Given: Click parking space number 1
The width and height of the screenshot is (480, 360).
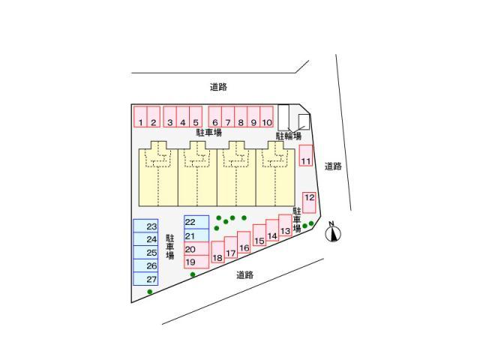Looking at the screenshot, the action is [x=140, y=117].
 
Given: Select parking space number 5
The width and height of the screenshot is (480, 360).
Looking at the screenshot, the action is [x=196, y=117].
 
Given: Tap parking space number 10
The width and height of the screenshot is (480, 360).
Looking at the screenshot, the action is [x=267, y=117].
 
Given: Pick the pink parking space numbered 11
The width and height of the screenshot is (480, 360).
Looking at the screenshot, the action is [x=306, y=155].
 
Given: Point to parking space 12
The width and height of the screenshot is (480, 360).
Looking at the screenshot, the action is [x=309, y=202].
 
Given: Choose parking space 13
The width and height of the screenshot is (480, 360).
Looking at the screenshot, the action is [x=285, y=225].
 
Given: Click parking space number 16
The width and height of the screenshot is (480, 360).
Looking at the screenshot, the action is [x=244, y=242].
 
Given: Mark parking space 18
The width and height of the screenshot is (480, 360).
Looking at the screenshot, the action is [x=217, y=252].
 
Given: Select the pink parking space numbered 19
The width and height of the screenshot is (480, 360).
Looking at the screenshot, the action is [x=196, y=262].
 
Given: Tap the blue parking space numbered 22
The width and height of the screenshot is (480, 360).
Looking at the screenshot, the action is [x=196, y=222].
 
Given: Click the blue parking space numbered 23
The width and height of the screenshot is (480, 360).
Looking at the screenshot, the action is [x=145, y=226].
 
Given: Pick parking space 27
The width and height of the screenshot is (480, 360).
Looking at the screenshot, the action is [x=145, y=279].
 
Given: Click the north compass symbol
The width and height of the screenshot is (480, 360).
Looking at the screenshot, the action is [x=333, y=232].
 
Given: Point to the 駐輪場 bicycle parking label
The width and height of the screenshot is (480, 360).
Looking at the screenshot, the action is [x=289, y=136].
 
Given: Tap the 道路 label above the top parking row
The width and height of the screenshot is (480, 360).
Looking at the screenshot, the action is [x=218, y=87].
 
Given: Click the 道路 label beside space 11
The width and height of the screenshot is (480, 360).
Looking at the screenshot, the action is [x=333, y=166].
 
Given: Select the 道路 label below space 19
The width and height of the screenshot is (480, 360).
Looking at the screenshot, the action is [x=245, y=275].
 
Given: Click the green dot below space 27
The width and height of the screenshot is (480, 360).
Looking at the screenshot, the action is [x=150, y=292].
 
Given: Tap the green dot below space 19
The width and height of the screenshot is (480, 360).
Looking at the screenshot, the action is [x=193, y=274].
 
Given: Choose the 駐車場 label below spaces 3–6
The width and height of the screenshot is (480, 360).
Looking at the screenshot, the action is [x=208, y=133].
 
